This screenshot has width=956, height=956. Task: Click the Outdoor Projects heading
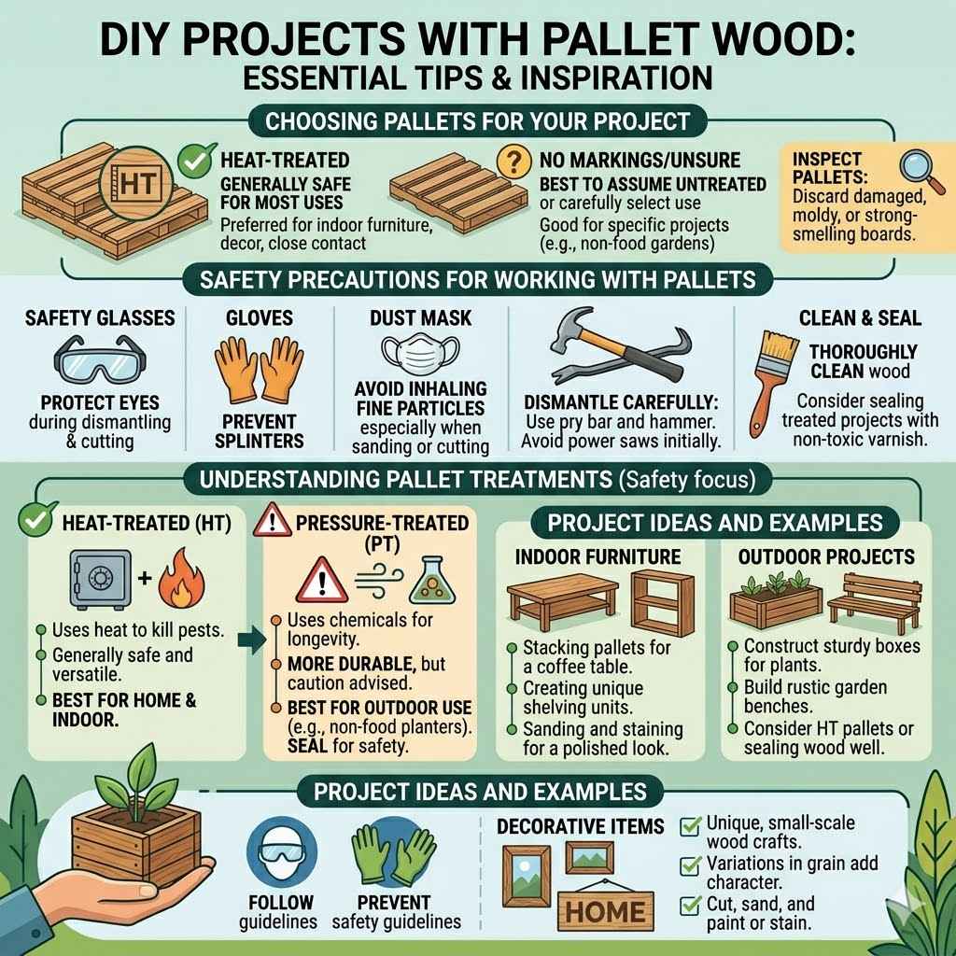[x=825, y=555]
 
